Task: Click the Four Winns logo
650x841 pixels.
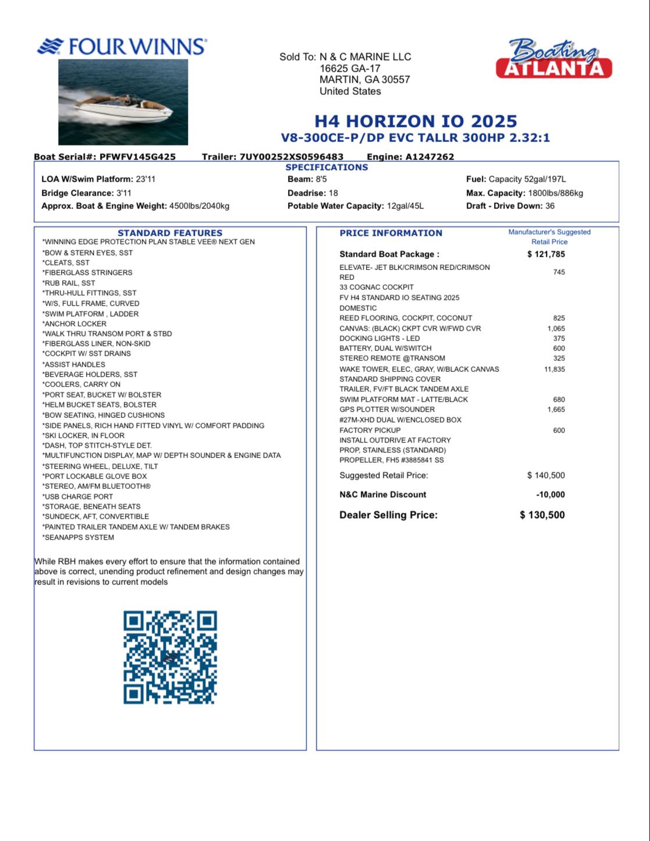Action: pyautogui.click(x=122, y=47)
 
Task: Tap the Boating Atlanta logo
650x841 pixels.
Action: pyautogui.click(x=553, y=59)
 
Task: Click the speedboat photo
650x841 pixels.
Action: pyautogui.click(x=123, y=102)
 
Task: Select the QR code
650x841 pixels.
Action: pyautogui.click(x=170, y=657)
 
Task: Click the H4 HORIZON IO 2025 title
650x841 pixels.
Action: pyautogui.click(x=415, y=121)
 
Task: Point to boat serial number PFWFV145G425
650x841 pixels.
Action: pyautogui.click(x=137, y=157)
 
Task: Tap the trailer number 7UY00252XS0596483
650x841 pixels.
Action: pyautogui.click(x=291, y=157)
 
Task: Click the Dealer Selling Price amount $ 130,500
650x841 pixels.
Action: pyautogui.click(x=542, y=515)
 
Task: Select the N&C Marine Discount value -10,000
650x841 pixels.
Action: pyautogui.click(x=550, y=495)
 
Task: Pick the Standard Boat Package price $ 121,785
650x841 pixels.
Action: pyautogui.click(x=546, y=254)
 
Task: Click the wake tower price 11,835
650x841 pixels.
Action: pyautogui.click(x=555, y=369)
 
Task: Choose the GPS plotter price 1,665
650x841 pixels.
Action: pyautogui.click(x=556, y=410)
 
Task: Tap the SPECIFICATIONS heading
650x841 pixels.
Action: pyautogui.click(x=326, y=168)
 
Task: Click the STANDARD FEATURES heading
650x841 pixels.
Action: pyautogui.click(x=170, y=233)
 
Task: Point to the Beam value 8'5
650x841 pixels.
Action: pyautogui.click(x=321, y=179)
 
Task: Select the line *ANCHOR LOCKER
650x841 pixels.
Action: pyautogui.click(x=74, y=324)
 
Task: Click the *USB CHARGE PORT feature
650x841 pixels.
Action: pyautogui.click(x=78, y=496)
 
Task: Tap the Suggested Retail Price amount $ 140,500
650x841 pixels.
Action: pyautogui.click(x=546, y=475)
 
